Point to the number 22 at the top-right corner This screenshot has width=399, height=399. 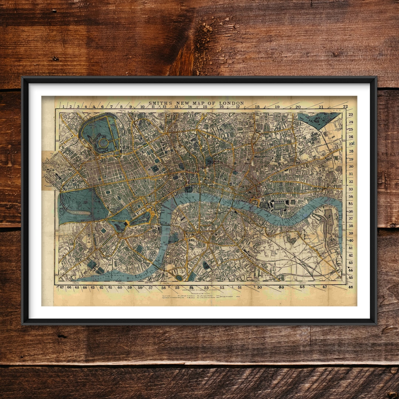[345, 106]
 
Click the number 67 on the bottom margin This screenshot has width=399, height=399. [62, 287]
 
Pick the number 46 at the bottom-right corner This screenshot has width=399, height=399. [350, 287]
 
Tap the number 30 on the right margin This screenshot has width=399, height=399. [351, 167]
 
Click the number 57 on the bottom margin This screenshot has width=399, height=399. [150, 287]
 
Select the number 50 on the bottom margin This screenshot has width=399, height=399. [259, 287]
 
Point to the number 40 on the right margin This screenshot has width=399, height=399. [351, 240]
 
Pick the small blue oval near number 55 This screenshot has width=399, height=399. [179, 277]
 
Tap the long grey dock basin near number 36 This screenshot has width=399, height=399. [328, 221]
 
